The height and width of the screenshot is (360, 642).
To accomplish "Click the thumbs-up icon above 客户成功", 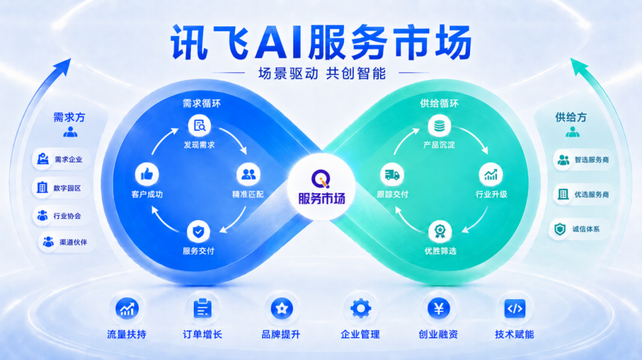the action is (x=147, y=175).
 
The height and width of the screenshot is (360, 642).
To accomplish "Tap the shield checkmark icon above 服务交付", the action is (x=198, y=232).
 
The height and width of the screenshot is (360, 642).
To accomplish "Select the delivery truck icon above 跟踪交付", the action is (x=392, y=175).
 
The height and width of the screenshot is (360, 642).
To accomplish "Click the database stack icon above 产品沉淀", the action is (x=439, y=126).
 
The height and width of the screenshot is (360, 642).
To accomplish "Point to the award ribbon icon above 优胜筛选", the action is (x=440, y=232).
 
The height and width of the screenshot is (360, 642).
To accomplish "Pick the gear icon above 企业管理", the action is (x=361, y=309).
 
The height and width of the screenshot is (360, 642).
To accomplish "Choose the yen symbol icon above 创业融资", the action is (x=438, y=309).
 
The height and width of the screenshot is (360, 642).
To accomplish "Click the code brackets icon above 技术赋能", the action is (x=515, y=309).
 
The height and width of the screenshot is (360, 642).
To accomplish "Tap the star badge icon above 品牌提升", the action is (x=282, y=309).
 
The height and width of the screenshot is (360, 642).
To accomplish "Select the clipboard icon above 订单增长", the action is (x=202, y=309).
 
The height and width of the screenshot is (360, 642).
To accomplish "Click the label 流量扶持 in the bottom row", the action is (x=126, y=334).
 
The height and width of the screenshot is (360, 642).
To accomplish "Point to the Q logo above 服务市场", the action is (x=321, y=179).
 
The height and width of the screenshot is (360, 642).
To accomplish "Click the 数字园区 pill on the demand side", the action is (x=61, y=188).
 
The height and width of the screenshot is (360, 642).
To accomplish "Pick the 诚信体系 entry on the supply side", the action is (x=579, y=229).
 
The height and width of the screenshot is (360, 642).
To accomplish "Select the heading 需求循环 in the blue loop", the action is (x=202, y=103).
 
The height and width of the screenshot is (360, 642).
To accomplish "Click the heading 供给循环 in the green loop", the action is (x=439, y=103).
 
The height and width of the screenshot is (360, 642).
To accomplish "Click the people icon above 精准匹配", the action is (x=248, y=175).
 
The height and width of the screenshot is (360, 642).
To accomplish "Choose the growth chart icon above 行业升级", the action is (x=490, y=175).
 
